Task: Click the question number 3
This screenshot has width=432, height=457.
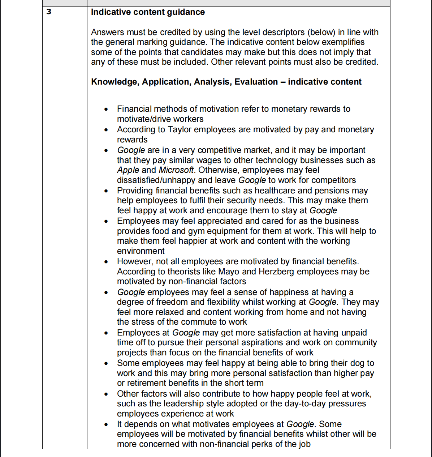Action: point(49,12)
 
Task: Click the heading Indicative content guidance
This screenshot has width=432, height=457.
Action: point(148,12)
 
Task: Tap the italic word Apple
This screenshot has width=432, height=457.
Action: point(128,170)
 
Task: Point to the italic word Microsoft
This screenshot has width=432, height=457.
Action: point(176,170)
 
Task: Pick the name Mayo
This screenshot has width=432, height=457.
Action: point(228,272)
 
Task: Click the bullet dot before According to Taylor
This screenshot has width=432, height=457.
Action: point(106,130)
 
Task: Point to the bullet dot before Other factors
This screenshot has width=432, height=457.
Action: point(106,394)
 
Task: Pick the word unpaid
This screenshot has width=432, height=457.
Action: point(352,333)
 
